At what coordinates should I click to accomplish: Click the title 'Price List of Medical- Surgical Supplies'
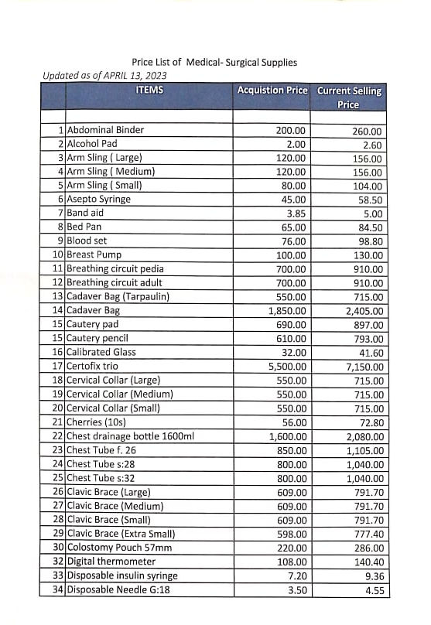coord(214,62)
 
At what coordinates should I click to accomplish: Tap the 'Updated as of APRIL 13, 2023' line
coord(105,75)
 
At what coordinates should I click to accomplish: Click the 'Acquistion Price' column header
coord(272,91)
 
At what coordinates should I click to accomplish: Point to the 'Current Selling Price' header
coord(349,97)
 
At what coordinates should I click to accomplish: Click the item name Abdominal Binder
coord(105,131)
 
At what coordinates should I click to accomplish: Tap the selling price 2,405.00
coord(364,311)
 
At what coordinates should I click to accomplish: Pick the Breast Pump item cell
coord(94,254)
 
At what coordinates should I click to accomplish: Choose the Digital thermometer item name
coord(111,561)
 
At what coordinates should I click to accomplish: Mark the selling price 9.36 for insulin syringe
coord(370,575)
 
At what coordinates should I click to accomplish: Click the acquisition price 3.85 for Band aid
coord(296,213)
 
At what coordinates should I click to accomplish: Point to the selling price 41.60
coord(368,352)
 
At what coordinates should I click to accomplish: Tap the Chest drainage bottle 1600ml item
coord(130,435)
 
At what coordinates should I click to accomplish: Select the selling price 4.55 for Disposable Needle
coord(370,589)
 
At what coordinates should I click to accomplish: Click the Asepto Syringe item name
coord(98,199)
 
